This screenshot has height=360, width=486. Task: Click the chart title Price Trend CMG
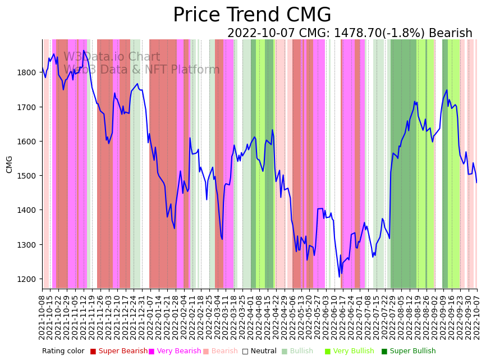tap(252, 15)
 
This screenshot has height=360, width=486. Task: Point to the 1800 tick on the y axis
tap(26, 72)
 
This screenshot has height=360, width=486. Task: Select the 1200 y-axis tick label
tap(26, 279)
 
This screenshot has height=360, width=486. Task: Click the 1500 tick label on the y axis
tap(26, 176)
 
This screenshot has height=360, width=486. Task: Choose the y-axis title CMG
tap(10, 164)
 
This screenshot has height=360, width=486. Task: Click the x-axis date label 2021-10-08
tap(42, 318)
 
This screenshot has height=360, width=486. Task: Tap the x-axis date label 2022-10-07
tap(477, 318)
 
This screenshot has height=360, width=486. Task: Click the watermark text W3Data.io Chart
tap(112, 57)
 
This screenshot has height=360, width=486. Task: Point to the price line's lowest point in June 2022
tap(339, 276)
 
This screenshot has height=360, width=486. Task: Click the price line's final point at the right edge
tap(476, 182)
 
